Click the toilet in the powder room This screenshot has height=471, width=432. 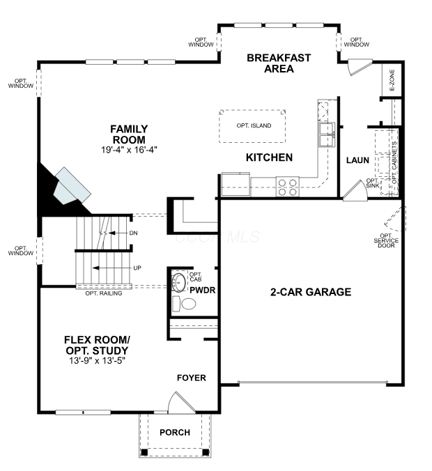coord(184,304)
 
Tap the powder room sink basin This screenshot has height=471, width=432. coord(179,282)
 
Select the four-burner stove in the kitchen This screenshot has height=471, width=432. coord(288,187)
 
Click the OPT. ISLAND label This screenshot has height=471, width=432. coord(254,125)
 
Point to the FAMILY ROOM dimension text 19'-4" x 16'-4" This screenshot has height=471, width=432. coord(129,150)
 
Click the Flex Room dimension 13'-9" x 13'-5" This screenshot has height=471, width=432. coord(97,360)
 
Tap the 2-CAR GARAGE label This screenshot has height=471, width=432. coord(311,292)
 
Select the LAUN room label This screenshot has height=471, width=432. coord(357,160)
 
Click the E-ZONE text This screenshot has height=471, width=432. coord(392,80)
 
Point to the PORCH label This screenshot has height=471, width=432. coord(175,432)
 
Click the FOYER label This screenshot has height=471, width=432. coord(192,378)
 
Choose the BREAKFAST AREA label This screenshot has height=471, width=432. coord(279,63)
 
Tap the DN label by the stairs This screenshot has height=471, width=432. coord(133,233)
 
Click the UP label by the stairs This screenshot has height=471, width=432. coord(137,268)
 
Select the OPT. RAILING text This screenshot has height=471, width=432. coord(104,293)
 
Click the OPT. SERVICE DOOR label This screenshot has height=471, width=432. coord(386,240)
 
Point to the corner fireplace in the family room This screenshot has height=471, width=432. coord(64,190)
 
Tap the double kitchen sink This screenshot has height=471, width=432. coord(327,134)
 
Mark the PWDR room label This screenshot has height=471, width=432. coord(203,291)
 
